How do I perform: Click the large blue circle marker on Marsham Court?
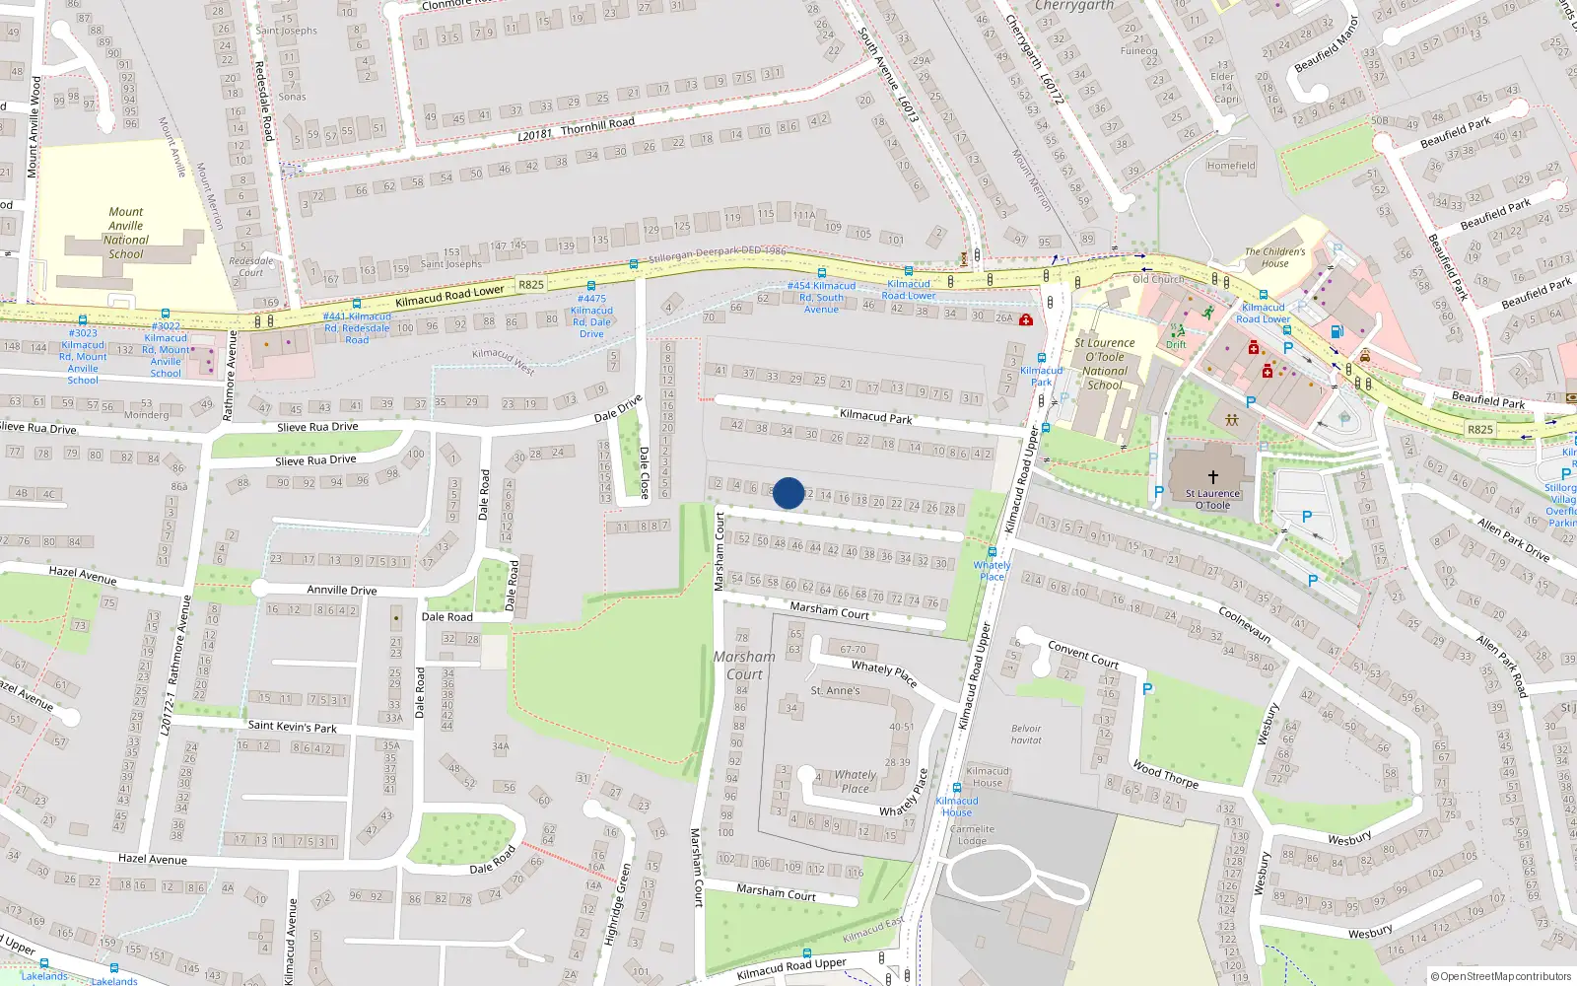(x=788, y=493)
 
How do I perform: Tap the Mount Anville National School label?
(x=126, y=233)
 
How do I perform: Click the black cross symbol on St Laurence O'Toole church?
(x=1213, y=477)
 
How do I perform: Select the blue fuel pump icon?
(x=1337, y=332)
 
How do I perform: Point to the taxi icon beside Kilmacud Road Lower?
(x=1365, y=356)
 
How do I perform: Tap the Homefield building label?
(x=1231, y=166)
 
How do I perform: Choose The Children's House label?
(x=1274, y=257)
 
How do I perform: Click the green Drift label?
(x=1176, y=345)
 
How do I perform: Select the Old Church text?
(x=1158, y=279)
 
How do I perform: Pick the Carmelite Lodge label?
(x=972, y=835)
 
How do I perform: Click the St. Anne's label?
(x=835, y=690)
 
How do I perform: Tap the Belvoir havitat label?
(x=1026, y=735)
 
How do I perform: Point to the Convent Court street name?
(x=1083, y=655)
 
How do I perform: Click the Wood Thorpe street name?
(x=1165, y=774)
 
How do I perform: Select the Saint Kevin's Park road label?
(x=292, y=727)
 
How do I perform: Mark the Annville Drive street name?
(x=342, y=590)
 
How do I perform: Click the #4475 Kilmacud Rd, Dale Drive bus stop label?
(x=591, y=317)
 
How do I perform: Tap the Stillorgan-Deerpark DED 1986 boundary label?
(x=717, y=255)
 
